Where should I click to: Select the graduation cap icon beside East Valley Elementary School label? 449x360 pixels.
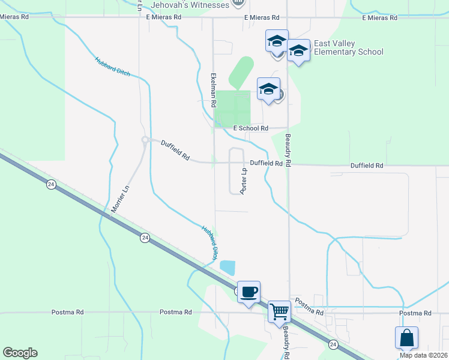pos(298,50)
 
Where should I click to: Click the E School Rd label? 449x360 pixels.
pos(250,128)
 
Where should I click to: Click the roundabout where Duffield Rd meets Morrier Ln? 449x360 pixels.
pos(145,140)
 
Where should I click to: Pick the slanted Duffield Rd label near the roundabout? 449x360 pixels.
pos(175,150)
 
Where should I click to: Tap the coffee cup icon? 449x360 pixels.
pos(249,292)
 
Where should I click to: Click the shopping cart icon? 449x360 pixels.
pos(279,311)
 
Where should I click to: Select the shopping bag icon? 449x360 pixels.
pos(406,337)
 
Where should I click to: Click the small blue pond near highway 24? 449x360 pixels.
pos(228,268)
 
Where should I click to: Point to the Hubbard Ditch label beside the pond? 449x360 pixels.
pos(209,242)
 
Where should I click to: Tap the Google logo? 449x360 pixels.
pos(20,353)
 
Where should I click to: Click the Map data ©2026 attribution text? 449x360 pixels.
pos(423,355)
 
